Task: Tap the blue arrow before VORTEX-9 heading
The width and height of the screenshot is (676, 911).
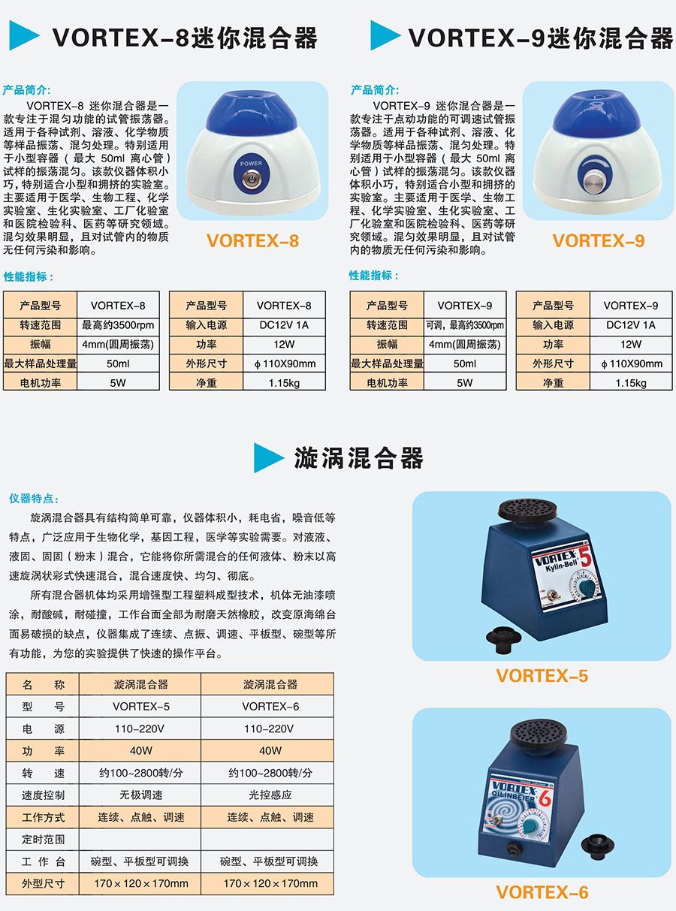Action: (386, 35)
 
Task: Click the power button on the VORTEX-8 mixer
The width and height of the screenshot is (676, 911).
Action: (251, 179)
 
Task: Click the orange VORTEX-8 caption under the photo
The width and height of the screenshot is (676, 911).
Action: (252, 240)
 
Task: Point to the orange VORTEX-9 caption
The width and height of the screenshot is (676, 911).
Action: (598, 240)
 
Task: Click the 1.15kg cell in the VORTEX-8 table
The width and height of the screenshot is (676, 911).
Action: (283, 382)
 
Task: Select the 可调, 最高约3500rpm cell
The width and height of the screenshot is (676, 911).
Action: (465, 325)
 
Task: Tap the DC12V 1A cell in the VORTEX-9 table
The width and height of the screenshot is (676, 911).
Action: (630, 325)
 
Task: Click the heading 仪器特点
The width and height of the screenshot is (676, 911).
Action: (33, 499)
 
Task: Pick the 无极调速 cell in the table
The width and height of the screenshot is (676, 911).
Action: (141, 795)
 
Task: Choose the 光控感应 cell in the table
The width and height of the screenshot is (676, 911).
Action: (270, 795)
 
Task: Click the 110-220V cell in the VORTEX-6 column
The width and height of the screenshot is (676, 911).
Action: (270, 728)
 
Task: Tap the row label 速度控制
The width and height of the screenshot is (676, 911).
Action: (44, 795)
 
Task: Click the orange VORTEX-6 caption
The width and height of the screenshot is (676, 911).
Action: (542, 892)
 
